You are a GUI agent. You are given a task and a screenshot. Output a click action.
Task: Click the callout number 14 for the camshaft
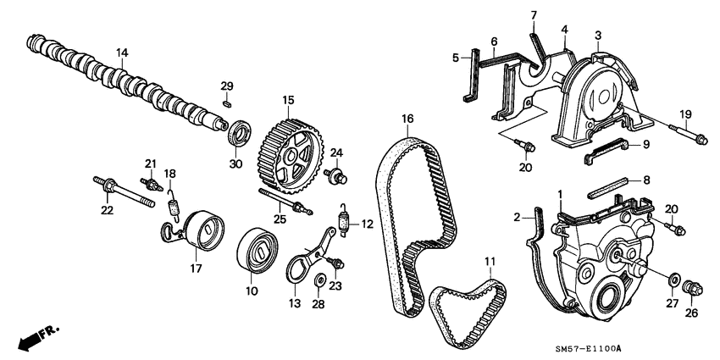122,53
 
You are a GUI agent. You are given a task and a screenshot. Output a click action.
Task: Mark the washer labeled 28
320,281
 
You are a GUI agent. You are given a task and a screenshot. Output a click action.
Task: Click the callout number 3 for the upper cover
597,35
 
